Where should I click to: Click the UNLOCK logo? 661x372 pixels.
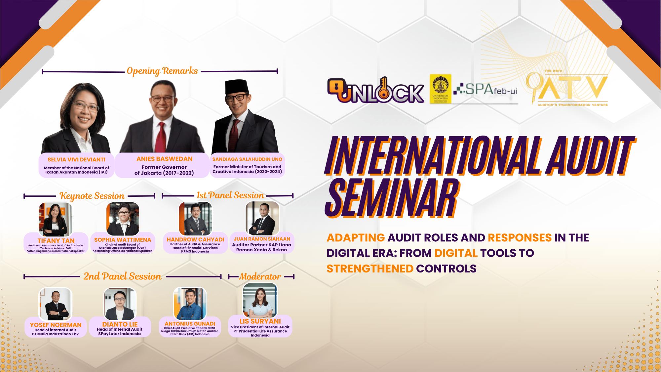pos(375,90)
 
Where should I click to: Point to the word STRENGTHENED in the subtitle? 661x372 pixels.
pos(370,269)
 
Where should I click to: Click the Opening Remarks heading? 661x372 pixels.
pos(162,71)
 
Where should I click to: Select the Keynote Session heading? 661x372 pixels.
pos(92,196)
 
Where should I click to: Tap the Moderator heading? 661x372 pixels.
pos(260,276)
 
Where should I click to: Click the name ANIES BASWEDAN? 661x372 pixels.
pos(164,159)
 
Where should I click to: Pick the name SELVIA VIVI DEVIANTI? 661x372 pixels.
pos(76,160)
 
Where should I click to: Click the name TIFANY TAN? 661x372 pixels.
pos(56,241)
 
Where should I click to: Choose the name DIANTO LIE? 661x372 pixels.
pos(120,324)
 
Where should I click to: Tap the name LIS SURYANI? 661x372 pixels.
pos(260,321)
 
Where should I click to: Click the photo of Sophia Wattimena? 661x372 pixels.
pos(123,219)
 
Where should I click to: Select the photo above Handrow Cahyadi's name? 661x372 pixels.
pos(195,219)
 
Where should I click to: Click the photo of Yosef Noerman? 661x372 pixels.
pos(55,303)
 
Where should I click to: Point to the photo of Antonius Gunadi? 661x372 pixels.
pos(190,303)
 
